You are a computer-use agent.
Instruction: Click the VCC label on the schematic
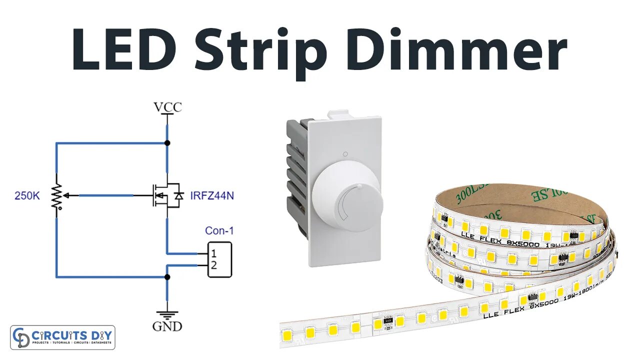[x=167, y=107]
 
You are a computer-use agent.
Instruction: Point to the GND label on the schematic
[x=167, y=326]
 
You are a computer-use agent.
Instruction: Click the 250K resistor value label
[x=27, y=196]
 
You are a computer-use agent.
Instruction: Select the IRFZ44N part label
[x=212, y=195]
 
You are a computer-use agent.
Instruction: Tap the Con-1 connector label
[x=219, y=230]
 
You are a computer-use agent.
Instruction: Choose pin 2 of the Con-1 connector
[x=213, y=265]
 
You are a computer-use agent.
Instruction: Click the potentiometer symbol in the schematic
[x=57, y=195]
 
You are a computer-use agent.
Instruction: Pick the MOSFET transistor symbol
[x=165, y=195]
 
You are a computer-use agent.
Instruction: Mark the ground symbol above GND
[x=167, y=314]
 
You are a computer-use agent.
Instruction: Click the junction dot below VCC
[x=167, y=143]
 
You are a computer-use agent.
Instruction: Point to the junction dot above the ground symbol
[x=167, y=276]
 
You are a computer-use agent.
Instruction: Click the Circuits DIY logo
[x=62, y=337]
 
